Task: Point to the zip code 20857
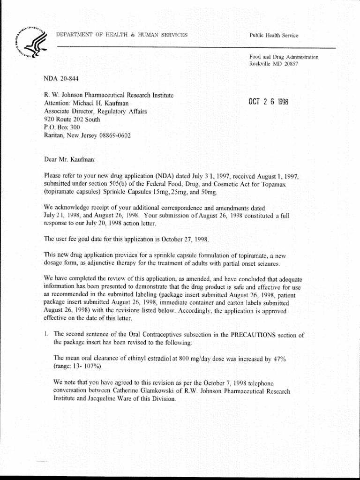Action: coord(290,64)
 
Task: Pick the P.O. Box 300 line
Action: coord(62,127)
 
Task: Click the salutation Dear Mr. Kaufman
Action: coord(70,159)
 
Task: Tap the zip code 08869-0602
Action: coord(114,136)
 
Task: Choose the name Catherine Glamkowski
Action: coord(142,391)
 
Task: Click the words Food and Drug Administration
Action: coord(284,57)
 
